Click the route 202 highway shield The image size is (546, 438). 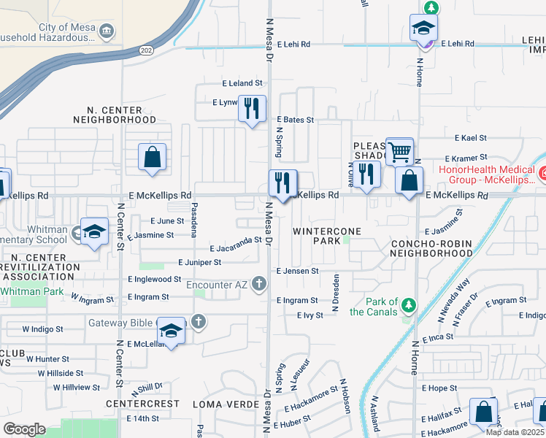[146, 50]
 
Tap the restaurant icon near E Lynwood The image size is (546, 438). [252, 109]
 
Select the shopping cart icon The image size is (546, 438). [399, 152]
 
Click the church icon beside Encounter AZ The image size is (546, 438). [258, 284]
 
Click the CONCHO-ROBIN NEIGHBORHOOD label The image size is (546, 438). [431, 248]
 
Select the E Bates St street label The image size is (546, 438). [295, 120]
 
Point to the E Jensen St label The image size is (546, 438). [297, 271]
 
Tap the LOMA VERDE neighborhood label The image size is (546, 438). [226, 404]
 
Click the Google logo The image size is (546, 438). [23, 429]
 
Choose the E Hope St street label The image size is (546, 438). [439, 388]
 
